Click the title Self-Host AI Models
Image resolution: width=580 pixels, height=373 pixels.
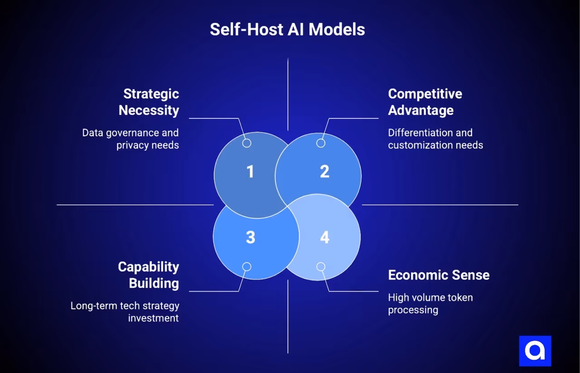click(x=287, y=29)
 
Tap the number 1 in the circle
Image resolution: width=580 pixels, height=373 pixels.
click(x=250, y=172)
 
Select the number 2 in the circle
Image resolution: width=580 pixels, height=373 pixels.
click(x=324, y=172)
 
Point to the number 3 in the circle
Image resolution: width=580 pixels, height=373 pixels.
click(x=251, y=237)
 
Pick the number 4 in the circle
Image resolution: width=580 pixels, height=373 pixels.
click(x=324, y=237)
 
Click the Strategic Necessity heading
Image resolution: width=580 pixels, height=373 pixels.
click(x=149, y=102)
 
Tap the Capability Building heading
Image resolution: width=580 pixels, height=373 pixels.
click(x=149, y=275)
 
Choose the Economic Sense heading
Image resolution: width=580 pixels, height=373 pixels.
click(x=439, y=275)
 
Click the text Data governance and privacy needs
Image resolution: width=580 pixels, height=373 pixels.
click(x=131, y=139)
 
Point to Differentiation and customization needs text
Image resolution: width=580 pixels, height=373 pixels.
click(x=435, y=139)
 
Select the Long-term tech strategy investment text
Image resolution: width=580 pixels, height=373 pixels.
click(x=125, y=312)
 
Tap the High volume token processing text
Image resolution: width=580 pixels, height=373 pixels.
click(x=430, y=304)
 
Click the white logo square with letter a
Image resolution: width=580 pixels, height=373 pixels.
click(x=535, y=351)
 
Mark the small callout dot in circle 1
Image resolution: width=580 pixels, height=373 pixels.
click(x=246, y=143)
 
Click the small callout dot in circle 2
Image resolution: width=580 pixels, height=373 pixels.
click(x=321, y=143)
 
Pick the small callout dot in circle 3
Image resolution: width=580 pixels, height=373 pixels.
click(x=246, y=266)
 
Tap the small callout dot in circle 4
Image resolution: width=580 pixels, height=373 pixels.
click(x=321, y=266)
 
